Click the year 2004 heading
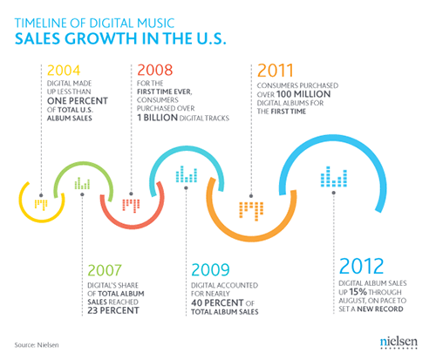point(64,71)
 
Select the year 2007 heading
point(105,270)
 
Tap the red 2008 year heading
point(155,71)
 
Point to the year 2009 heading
point(210,270)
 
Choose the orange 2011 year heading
point(276,71)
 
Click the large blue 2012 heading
point(361,266)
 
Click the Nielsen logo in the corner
point(399,343)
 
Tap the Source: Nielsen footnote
point(37,345)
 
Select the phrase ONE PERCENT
point(78,101)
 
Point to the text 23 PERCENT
point(113,310)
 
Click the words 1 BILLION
point(157,118)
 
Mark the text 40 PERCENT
point(217,302)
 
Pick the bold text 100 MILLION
point(303,94)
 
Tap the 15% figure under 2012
point(358,292)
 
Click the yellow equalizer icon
point(41,205)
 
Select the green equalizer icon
point(82,183)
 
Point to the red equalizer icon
point(131,206)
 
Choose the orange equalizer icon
point(251,212)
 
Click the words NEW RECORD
point(380,309)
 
